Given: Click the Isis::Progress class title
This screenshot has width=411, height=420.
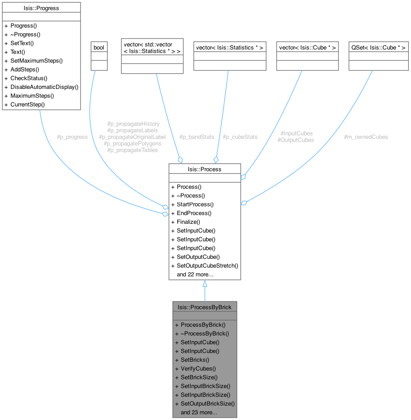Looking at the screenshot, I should (41, 7).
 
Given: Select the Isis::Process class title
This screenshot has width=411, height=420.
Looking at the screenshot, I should (204, 169).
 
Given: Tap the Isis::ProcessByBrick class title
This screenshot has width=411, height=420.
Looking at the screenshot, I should (204, 307).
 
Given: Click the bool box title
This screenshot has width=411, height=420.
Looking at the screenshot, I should (99, 47).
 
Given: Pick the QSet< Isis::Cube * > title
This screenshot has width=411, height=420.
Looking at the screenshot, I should (379, 47).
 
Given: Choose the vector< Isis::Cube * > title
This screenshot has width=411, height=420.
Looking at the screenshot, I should (308, 47).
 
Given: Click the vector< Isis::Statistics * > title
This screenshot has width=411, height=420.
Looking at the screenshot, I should (230, 47).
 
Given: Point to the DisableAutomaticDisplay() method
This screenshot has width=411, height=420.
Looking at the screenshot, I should (44, 87).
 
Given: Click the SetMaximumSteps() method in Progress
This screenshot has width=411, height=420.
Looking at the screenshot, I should (36, 60).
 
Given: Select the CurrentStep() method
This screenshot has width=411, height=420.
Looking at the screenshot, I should (28, 104).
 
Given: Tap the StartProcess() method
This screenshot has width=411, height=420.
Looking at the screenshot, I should (195, 204).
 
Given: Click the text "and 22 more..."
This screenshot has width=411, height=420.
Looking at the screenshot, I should (195, 275).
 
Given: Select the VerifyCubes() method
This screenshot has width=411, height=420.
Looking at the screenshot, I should (198, 368).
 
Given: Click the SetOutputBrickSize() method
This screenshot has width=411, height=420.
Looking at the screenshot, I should (207, 403).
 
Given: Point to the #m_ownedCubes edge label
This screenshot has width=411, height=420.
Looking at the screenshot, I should (366, 137).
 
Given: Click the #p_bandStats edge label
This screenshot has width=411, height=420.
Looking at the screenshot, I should (197, 137).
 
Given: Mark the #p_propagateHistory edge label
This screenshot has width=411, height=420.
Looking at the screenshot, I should (133, 124).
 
